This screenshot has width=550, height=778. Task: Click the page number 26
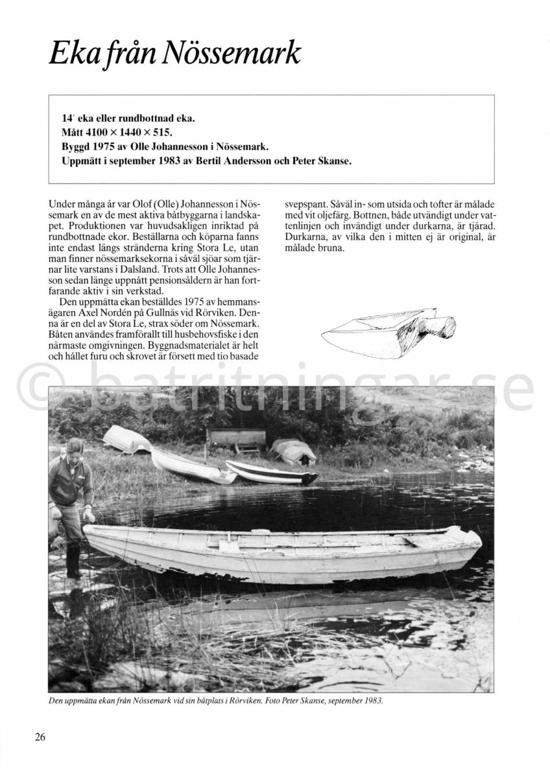[40, 737]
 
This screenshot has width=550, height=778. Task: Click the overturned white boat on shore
[127, 439]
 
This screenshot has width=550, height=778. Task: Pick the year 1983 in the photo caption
[372, 701]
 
